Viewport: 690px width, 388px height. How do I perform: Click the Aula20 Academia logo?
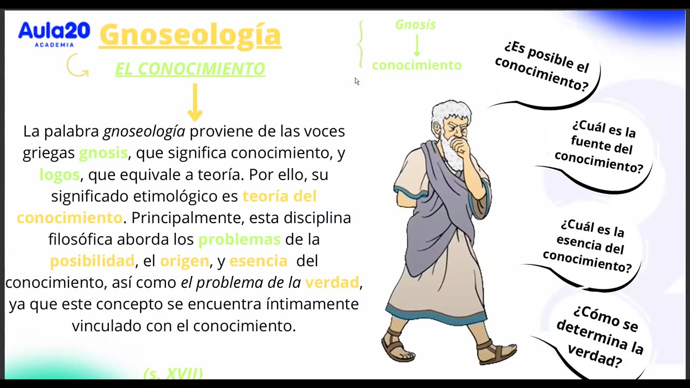54,33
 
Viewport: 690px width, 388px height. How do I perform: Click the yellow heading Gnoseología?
190,34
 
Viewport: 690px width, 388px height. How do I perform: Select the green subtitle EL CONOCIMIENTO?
190,69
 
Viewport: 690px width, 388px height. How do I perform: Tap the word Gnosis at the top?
415,25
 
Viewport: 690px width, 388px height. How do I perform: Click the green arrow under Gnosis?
417,45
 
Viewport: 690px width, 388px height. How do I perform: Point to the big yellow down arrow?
195,102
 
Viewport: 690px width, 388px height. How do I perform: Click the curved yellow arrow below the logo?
77,66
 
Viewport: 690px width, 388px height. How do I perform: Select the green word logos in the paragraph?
60,175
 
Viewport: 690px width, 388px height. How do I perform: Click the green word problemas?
239,239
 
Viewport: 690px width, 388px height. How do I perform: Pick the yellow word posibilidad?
92,261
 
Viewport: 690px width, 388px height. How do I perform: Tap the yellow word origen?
184,261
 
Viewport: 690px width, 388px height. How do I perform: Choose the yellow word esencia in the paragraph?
258,261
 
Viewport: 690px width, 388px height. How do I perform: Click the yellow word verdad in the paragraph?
332,282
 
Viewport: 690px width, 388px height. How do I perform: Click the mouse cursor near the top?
356,81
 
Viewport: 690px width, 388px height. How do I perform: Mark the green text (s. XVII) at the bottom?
173,373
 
